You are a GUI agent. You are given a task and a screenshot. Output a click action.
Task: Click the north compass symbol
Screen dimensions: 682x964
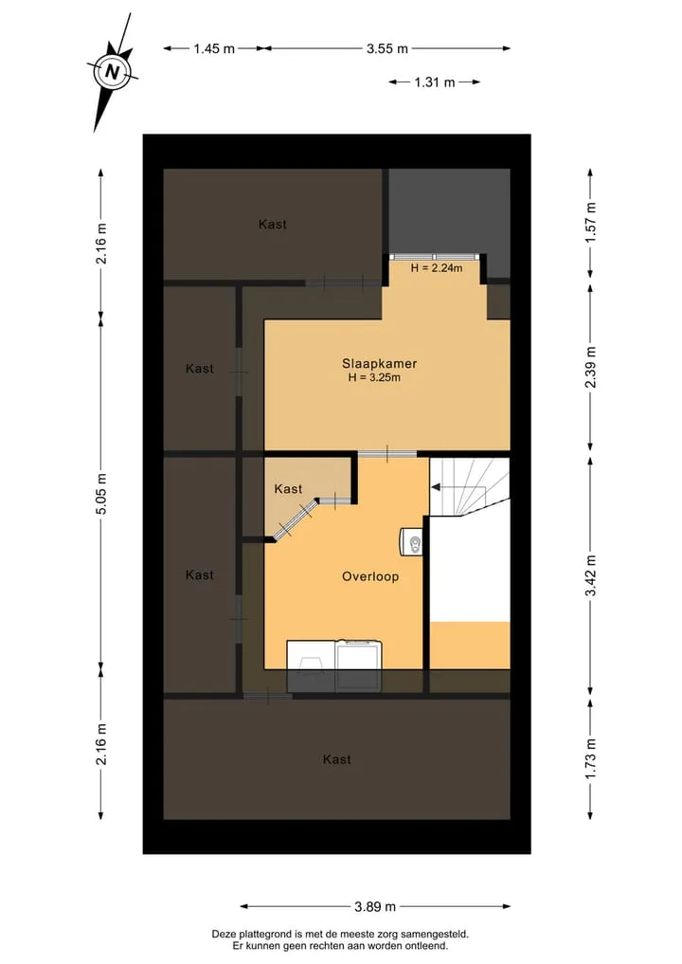click(112, 71)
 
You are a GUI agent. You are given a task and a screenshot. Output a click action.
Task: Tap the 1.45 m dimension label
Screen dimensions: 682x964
click(214, 48)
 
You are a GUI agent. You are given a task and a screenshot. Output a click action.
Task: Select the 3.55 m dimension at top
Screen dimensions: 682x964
click(387, 48)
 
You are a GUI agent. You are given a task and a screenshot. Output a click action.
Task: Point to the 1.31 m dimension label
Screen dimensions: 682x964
click(435, 82)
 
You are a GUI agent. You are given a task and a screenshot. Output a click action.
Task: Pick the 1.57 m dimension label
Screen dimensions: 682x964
click(590, 222)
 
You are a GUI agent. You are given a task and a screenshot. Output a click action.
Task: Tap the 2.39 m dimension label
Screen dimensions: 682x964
click(590, 368)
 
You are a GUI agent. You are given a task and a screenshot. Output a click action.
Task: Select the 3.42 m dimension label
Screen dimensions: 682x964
click(590, 575)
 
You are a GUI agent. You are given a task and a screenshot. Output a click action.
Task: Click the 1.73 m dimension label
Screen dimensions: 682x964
click(590, 758)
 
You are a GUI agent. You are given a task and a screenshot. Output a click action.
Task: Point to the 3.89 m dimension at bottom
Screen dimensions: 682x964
click(375, 906)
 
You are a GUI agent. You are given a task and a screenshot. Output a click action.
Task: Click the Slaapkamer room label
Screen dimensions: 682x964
click(379, 363)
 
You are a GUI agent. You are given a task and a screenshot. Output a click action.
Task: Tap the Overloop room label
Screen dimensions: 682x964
click(369, 576)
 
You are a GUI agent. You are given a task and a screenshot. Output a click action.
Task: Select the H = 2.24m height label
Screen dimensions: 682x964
click(437, 268)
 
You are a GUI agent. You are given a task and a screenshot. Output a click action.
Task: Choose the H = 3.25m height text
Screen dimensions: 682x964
click(374, 377)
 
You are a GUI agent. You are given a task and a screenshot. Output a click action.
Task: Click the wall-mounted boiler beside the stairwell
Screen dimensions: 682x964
click(412, 542)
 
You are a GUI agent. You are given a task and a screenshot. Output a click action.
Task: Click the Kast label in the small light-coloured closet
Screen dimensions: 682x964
click(288, 489)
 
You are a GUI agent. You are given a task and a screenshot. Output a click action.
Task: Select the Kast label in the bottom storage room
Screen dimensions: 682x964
click(336, 759)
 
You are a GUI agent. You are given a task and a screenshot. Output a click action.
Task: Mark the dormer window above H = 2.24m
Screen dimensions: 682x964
click(435, 257)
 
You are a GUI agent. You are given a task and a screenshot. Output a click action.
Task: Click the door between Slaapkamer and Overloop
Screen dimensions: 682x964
click(387, 454)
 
